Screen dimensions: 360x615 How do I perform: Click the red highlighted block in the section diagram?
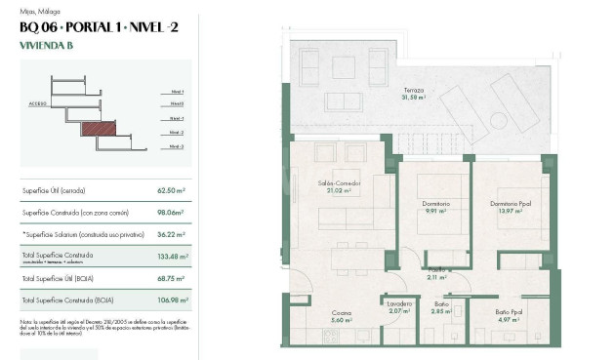coord(98,128)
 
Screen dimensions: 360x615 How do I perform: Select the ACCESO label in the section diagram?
coord(38,101)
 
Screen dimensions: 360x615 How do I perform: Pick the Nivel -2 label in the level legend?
coord(176,132)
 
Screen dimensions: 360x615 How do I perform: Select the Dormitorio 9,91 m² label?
coord(436,207)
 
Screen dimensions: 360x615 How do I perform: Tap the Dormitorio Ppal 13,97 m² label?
coord(511,207)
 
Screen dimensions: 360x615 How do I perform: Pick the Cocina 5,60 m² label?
coord(340,317)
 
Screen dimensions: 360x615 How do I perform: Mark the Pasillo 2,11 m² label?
coord(437,273)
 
